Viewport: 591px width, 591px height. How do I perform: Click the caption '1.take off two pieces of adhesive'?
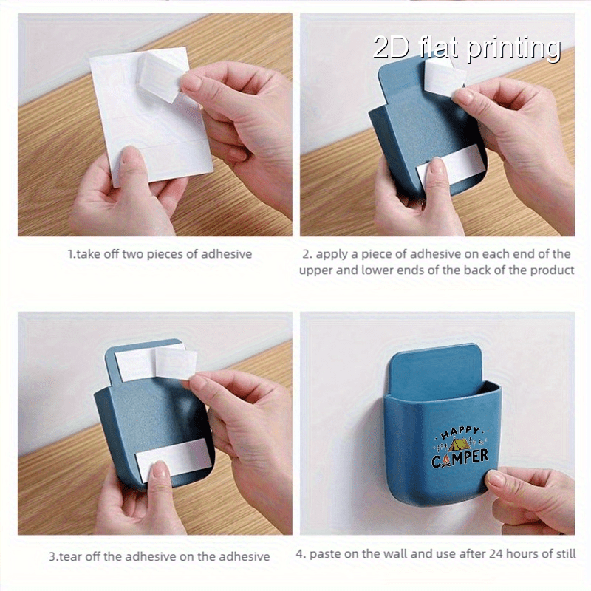pyautogui.click(x=160, y=254)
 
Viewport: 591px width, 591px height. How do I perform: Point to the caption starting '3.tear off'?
pyautogui.click(x=159, y=556)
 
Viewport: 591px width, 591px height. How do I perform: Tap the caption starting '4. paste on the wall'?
pyautogui.click(x=436, y=553)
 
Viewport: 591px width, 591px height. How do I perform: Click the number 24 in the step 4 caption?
pyautogui.click(x=490, y=553)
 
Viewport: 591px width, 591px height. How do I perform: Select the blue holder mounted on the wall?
pyautogui.click(x=440, y=436)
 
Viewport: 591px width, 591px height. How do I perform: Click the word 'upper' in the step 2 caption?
pyautogui.click(x=315, y=270)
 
